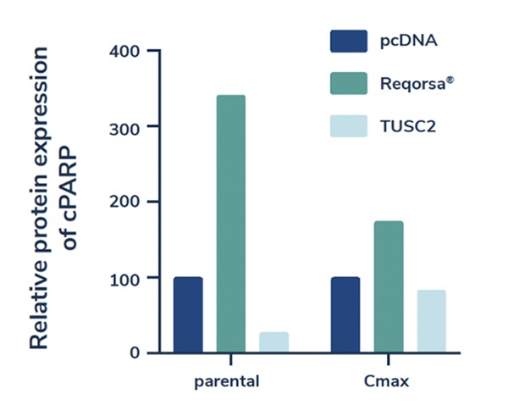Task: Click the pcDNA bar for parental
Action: coord(188,314)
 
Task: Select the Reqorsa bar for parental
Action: coord(231,224)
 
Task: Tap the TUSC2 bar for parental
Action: coord(273,342)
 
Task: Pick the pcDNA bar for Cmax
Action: coord(345,314)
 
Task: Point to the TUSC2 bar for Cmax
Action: coord(431,321)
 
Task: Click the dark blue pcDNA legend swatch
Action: coord(349,41)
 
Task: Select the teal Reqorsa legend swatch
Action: coord(349,83)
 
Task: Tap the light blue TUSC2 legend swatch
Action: coord(349,126)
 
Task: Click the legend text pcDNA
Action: coord(407,41)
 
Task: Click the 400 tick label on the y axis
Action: coord(125,51)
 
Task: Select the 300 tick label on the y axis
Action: coord(125,126)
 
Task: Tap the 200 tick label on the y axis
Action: coord(125,202)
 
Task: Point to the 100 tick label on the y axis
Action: coord(125,277)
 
